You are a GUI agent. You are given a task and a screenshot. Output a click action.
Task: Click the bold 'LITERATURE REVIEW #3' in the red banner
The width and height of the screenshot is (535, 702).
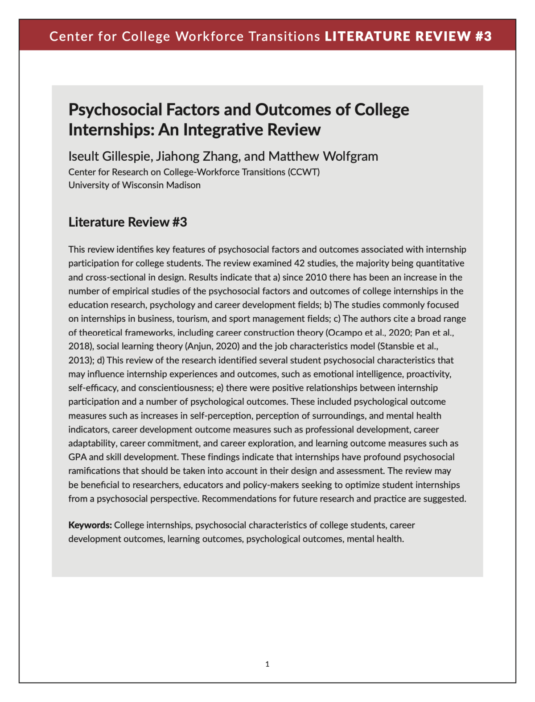point(408,36)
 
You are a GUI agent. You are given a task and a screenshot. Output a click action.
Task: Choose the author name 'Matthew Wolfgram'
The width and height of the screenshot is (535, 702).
point(323,156)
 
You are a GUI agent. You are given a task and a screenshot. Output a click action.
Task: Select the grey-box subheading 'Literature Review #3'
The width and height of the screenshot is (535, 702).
point(128,222)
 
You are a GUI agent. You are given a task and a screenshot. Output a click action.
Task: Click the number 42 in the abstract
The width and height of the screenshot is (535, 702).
point(299,263)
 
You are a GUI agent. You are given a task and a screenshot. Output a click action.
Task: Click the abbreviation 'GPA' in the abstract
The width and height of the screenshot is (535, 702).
point(78,457)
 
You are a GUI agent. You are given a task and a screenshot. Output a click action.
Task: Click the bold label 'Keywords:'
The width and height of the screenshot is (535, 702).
point(90,525)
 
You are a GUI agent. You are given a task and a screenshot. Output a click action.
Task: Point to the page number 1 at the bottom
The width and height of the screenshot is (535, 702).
point(267,664)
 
